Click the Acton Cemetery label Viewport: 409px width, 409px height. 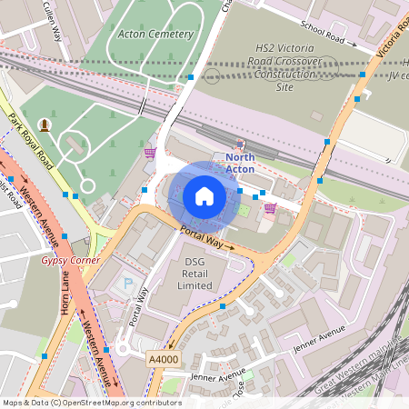156,34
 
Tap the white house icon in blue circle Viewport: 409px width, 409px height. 204,196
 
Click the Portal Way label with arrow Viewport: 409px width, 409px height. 205,239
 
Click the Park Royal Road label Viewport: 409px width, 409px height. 28,135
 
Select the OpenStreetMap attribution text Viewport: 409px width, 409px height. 92,403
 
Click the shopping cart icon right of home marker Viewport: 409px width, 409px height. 270,207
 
